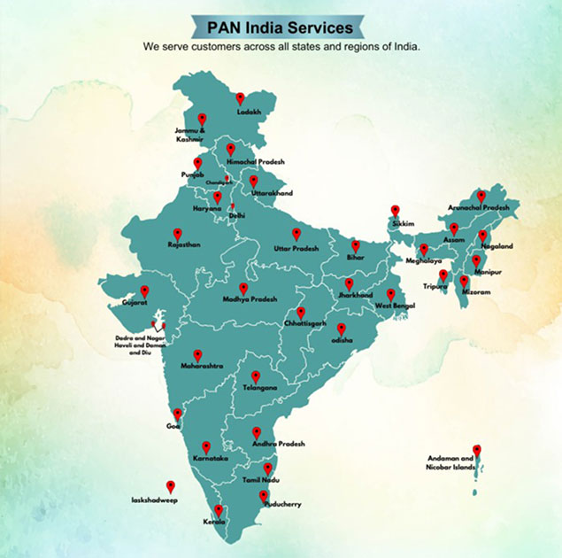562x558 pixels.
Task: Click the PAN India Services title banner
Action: [280, 28]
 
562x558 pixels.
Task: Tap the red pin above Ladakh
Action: [240, 98]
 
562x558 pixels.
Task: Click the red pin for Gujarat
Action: [143, 290]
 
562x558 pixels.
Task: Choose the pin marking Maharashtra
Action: [197, 354]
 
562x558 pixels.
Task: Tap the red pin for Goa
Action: [178, 414]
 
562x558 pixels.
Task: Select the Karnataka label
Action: [210, 458]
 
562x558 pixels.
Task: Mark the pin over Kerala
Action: [219, 510]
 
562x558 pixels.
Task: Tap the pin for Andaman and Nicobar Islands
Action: [477, 450]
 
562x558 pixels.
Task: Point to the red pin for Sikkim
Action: [395, 212]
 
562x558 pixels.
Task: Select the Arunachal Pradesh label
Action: [480, 207]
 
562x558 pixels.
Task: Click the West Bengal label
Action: [396, 306]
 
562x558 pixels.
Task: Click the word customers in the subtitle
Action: [219, 46]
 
